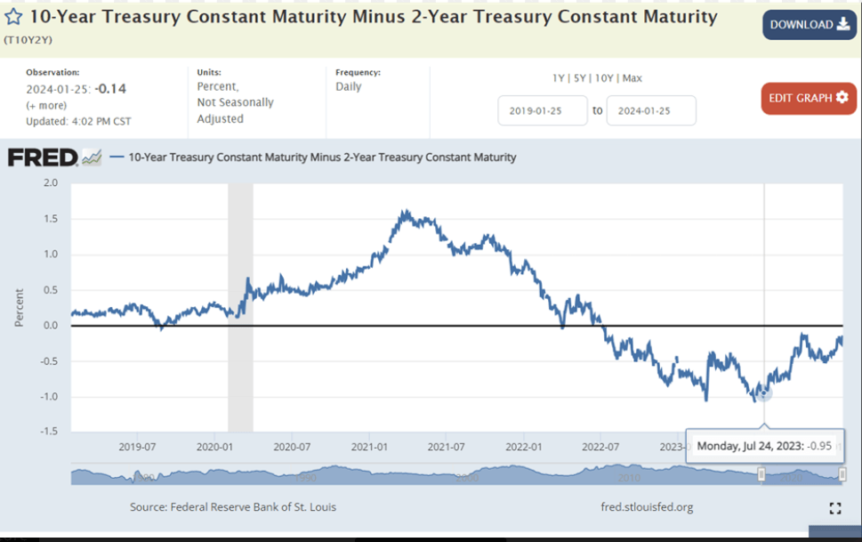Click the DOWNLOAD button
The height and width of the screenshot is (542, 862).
[809, 25]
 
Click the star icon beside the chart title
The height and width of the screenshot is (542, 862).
[14, 17]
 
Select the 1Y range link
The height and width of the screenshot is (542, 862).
[559, 78]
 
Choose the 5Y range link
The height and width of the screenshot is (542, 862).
[580, 78]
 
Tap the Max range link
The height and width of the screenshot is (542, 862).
[632, 78]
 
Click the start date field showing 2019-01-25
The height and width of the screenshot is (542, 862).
[542, 111]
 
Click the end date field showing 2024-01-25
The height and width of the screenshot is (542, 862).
[650, 111]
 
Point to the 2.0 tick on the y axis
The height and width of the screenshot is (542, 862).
[51, 182]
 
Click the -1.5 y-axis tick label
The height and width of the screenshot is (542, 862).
[49, 432]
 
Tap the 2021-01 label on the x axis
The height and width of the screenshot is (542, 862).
[368, 446]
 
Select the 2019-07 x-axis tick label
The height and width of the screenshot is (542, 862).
[138, 446]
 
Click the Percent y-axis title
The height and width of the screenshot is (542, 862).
[19, 307]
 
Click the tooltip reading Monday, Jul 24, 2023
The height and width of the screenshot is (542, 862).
[764, 445]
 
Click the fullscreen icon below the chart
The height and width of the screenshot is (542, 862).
[834, 508]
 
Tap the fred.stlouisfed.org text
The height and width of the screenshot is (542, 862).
[647, 507]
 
